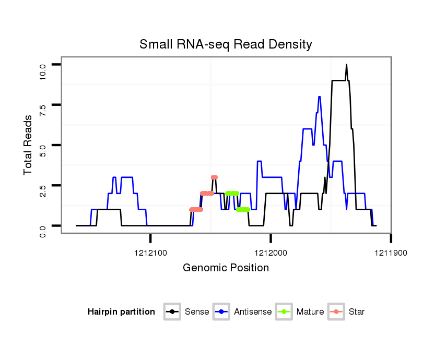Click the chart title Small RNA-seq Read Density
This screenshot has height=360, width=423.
pos(226,44)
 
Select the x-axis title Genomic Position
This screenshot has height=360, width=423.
pos(226,268)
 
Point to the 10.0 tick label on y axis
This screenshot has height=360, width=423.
pos(43,69)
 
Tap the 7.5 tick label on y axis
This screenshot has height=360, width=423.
pos(43,109)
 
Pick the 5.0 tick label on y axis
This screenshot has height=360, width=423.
pos(43,150)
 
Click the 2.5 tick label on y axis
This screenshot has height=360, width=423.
pos(43,190)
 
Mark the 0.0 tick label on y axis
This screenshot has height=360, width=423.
pos(43,230)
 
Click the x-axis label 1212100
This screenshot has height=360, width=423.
pos(150,253)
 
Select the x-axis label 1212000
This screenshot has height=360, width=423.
pos(271,253)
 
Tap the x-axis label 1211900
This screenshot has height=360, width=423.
pos(391,253)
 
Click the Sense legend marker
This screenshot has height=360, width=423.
pos(172,312)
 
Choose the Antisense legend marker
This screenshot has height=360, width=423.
pos(222,312)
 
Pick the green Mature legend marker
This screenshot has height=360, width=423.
pos(285,312)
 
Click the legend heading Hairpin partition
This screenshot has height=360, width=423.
pos(121,312)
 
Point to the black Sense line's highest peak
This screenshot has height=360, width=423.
pos(346,65)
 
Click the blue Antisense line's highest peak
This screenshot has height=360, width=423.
pos(319,97)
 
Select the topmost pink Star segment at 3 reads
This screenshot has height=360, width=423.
pos(214,177)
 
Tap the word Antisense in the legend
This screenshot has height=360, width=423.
pos(253,312)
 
